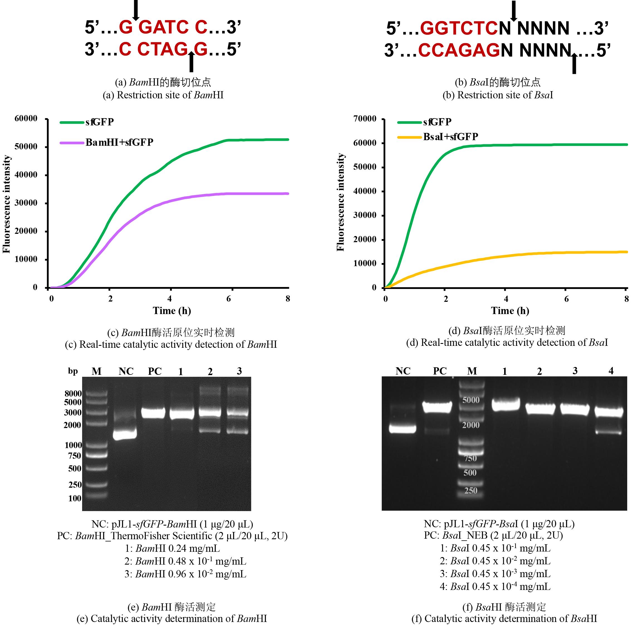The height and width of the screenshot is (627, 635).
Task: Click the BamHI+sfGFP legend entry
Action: point(119,142)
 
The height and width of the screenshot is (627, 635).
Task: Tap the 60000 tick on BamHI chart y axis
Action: point(26,118)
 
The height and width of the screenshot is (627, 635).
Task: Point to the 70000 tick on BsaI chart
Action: point(365,119)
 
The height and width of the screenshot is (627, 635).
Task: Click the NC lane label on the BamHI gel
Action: point(126,371)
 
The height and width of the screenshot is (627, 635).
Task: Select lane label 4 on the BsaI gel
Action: point(611,371)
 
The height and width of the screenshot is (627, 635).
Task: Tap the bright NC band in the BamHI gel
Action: point(124,434)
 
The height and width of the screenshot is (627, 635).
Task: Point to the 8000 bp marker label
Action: point(73,393)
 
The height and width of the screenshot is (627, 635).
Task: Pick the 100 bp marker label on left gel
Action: point(75,498)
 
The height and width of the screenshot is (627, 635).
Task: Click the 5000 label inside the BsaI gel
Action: point(471,400)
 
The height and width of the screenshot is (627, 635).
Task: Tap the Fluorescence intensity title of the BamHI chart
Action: point(7,204)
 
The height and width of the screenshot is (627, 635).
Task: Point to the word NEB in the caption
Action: point(477,535)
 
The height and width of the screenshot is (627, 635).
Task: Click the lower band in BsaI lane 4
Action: point(609,432)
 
